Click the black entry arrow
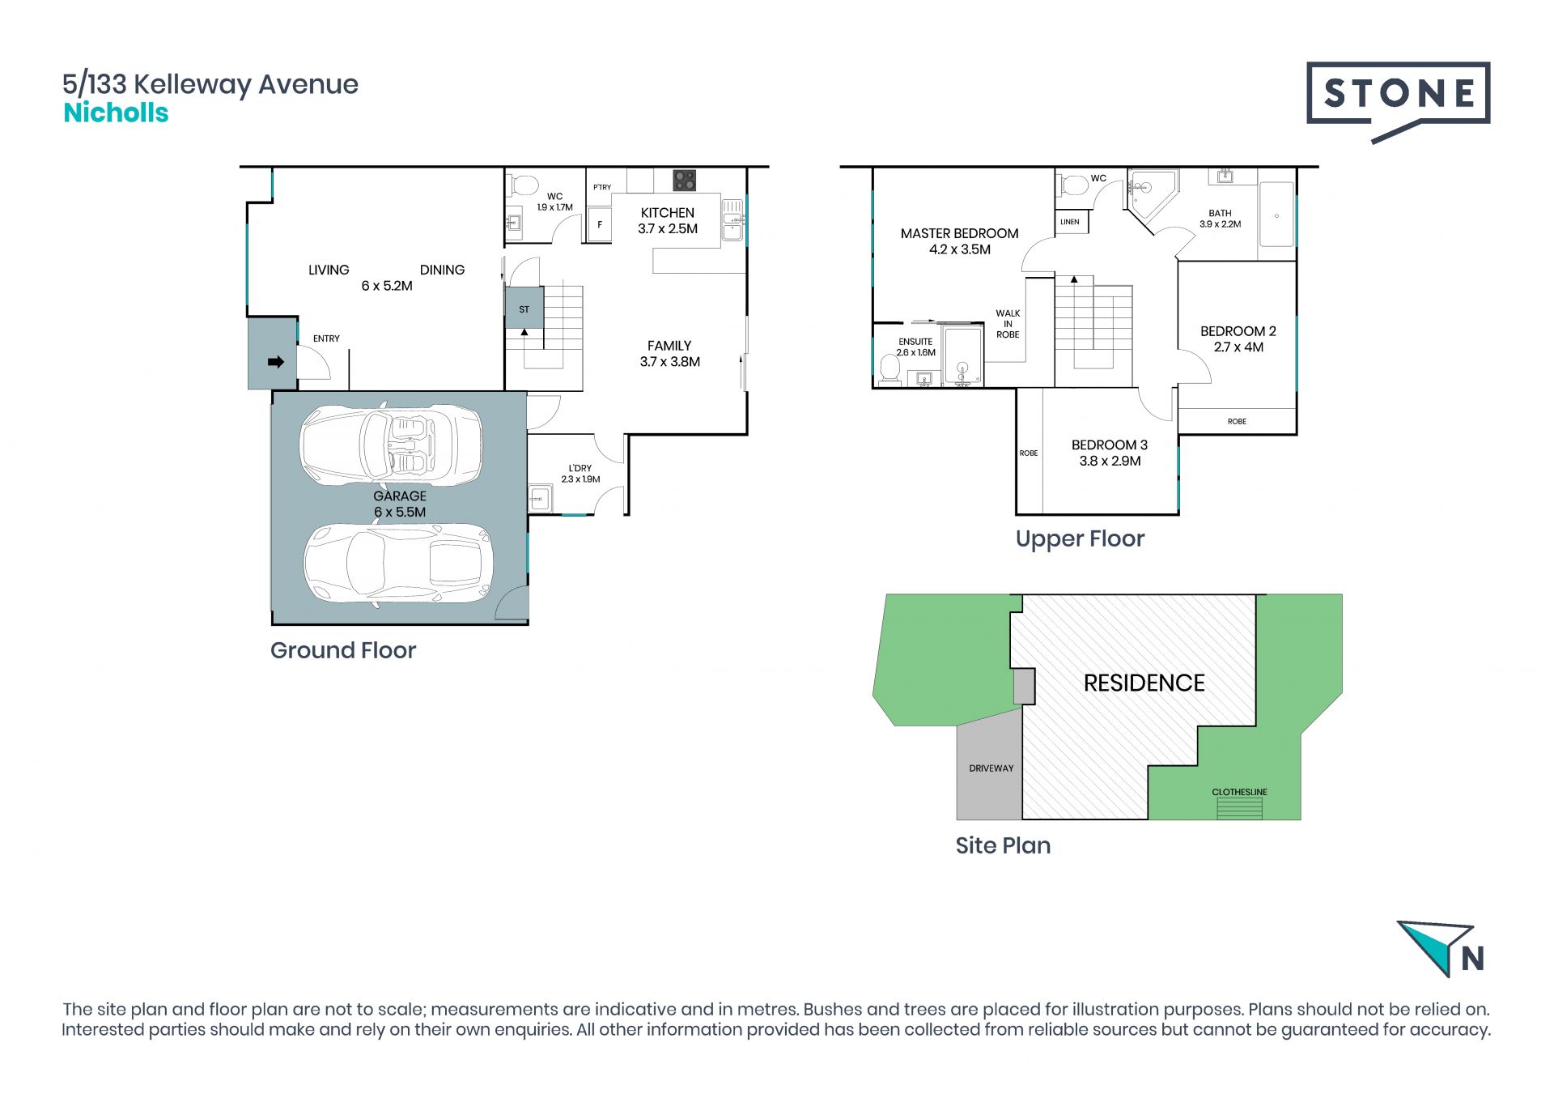pos(276,362)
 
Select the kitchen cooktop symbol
pos(684,180)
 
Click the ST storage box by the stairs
pos(524,308)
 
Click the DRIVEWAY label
pos(991,768)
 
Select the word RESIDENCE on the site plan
pos(1144,683)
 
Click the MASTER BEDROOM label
pos(959,233)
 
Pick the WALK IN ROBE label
pos(1008,324)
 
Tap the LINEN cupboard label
pos(1070,222)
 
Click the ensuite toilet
pos(890,369)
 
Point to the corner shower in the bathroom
pos(1147,194)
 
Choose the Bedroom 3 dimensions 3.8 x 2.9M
pos(1110,461)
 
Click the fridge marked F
pos(600,224)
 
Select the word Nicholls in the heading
pos(116,113)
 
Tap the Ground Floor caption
pos(343,650)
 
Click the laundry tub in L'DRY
pos(541,496)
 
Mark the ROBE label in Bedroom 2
pos(1237,421)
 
